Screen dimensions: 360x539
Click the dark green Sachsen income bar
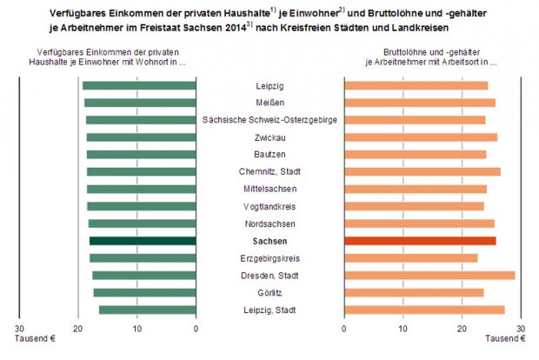pyautogui.click(x=143, y=241)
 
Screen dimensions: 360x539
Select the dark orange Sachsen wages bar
pyautogui.click(x=420, y=241)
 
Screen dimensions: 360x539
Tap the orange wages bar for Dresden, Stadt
pyautogui.click(x=429, y=276)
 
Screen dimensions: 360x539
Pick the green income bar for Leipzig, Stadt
pyautogui.click(x=148, y=310)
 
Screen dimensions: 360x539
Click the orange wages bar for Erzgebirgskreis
pyautogui.click(x=411, y=258)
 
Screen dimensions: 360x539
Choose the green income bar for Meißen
pyautogui.click(x=141, y=103)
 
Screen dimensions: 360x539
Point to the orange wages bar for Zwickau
pyautogui.click(x=421, y=137)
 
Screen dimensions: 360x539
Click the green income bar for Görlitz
pyautogui.click(x=145, y=292)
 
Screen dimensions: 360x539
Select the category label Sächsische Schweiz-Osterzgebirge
pyautogui.click(x=269, y=120)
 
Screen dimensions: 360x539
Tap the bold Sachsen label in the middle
pyautogui.click(x=269, y=241)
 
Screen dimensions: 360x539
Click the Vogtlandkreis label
pyautogui.click(x=269, y=206)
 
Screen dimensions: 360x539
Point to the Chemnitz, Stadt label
pyautogui.click(x=269, y=171)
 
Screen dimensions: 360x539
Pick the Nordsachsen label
pyautogui.click(x=269, y=223)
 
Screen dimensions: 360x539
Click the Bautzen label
pyautogui.click(x=269, y=154)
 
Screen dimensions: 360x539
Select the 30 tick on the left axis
pyautogui.click(x=19, y=329)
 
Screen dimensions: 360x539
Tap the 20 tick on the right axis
pyautogui.click(x=462, y=329)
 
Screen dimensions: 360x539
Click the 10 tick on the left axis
pyautogui.click(x=137, y=329)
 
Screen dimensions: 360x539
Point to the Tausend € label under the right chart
pyautogui.click(x=502, y=338)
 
